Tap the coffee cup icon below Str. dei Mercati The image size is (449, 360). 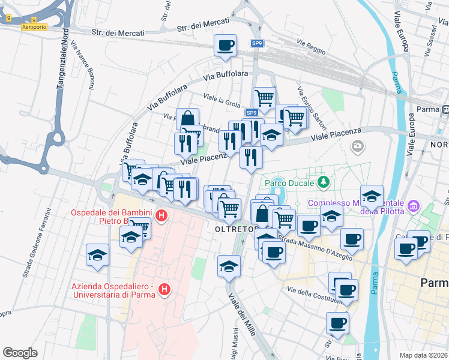[x=225, y=46]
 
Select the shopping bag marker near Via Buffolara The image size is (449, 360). [x=187, y=118]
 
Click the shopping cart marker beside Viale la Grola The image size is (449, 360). [x=264, y=97]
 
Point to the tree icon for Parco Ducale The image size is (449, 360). [x=324, y=181]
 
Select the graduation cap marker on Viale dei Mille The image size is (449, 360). [x=229, y=266]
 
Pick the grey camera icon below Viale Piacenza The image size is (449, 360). [x=358, y=146]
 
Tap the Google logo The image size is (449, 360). [x=20, y=353]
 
